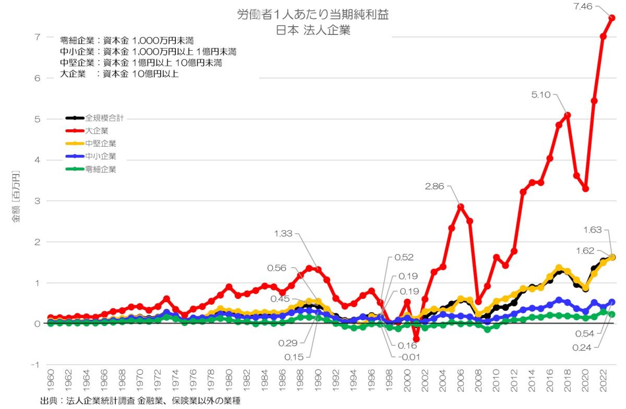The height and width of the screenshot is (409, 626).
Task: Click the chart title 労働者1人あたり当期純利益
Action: coord(312,15)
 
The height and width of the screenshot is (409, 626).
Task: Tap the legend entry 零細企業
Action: coord(101,169)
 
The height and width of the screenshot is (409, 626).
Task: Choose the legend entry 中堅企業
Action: coord(101,143)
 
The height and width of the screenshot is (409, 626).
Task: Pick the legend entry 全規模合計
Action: coord(104,118)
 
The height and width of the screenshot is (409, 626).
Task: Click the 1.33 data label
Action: coord(284,234)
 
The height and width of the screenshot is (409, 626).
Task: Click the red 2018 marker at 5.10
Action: coord(568,115)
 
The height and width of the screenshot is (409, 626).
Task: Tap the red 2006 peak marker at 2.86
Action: coord(461,207)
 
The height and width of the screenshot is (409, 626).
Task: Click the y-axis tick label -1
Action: coord(35,365)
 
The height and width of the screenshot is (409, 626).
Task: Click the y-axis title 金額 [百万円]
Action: coord(17,196)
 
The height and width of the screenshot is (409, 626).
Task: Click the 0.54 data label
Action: coord(587,333)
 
